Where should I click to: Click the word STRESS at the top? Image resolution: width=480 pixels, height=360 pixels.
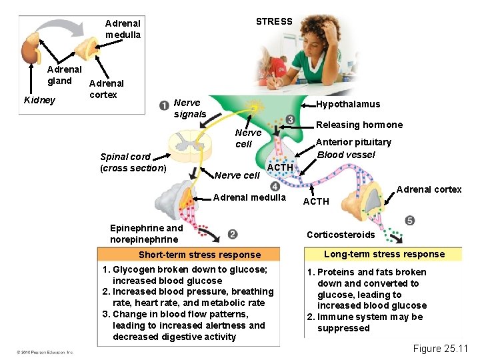(274, 21)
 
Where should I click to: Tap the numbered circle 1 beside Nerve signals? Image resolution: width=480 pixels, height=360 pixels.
(164, 105)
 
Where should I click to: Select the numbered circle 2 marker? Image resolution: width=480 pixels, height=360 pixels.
(232, 234)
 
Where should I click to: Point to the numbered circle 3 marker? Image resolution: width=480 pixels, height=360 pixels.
(290, 119)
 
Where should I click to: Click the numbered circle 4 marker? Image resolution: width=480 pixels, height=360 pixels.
(275, 186)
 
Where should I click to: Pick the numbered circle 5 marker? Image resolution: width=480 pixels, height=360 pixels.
(409, 221)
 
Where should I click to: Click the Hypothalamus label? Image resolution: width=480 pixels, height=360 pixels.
(348, 104)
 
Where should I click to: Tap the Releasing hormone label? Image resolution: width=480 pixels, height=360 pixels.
(359, 125)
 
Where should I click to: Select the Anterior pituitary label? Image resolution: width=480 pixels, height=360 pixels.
(353, 142)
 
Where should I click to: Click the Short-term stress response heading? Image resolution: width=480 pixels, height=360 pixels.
(199, 255)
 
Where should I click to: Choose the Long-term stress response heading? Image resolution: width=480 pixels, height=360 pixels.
(384, 254)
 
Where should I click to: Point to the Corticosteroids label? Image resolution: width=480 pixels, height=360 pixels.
(341, 235)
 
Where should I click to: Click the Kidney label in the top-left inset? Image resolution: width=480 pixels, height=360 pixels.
(39, 101)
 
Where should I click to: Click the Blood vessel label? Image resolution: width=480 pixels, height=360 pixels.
(346, 155)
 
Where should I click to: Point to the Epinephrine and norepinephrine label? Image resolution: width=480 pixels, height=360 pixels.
(146, 233)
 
